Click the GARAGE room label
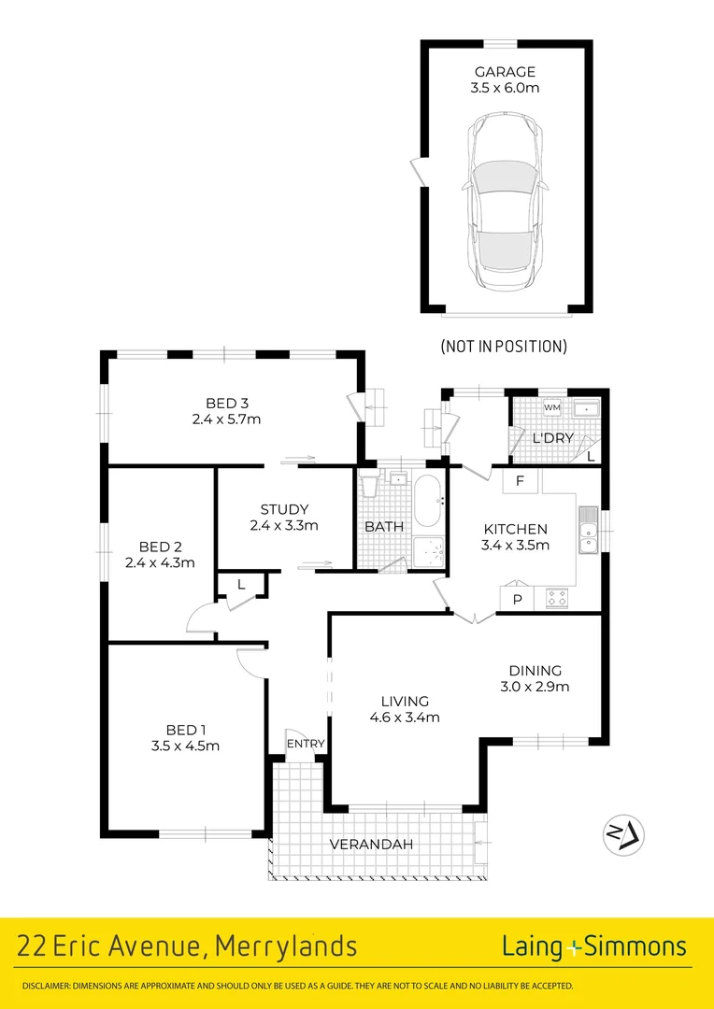tap(505, 72)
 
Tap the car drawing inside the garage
tap(505, 201)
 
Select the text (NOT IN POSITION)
tap(504, 347)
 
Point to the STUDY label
tap(284, 509)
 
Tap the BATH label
tap(384, 527)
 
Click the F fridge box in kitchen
tap(521, 481)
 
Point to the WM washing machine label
tap(551, 408)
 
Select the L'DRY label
tap(550, 438)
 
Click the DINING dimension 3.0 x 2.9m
tap(535, 687)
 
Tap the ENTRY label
tap(306, 744)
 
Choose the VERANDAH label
tap(371, 845)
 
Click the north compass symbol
tap(623, 833)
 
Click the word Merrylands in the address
tap(286, 946)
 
